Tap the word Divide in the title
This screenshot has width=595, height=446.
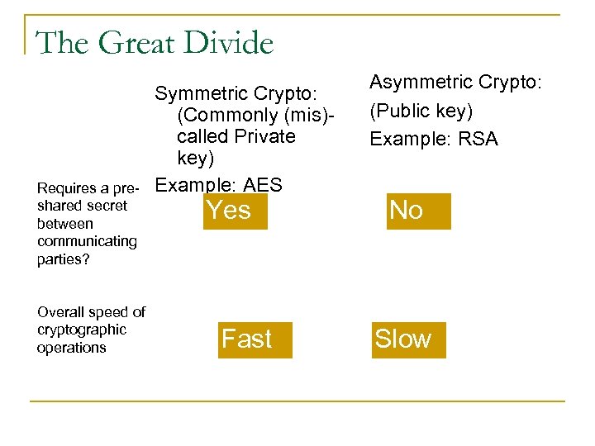(x=229, y=43)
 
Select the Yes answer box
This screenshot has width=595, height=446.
(x=230, y=211)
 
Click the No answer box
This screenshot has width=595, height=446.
(x=407, y=211)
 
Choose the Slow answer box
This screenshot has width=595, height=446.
(x=403, y=339)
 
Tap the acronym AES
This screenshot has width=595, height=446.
(x=257, y=185)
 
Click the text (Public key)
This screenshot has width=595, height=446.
(x=421, y=111)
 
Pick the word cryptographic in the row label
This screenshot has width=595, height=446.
(x=82, y=330)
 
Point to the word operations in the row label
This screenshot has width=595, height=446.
(x=72, y=348)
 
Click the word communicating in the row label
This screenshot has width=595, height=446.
(x=87, y=241)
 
